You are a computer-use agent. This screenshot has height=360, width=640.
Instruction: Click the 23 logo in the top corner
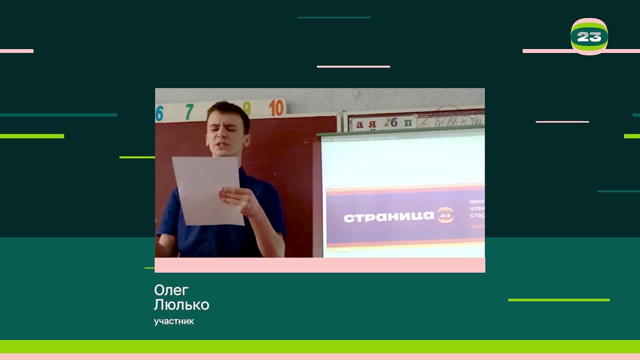(589, 36)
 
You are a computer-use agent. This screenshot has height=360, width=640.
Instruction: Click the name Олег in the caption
(171, 290)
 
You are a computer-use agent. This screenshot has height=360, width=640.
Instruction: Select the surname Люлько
(181, 304)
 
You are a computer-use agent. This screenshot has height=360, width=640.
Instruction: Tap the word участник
(174, 321)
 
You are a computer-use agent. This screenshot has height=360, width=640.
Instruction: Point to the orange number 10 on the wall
(276, 107)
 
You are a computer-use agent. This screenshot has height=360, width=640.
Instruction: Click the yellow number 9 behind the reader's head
(246, 107)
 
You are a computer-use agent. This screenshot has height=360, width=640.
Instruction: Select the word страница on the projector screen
(389, 217)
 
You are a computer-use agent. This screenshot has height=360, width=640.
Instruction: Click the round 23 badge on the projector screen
(445, 215)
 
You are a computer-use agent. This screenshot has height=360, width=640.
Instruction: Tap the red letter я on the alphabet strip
(372, 124)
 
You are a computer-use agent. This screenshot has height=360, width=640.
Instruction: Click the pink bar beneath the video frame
(320, 265)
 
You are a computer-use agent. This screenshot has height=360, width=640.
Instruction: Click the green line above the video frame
(334, 17)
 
